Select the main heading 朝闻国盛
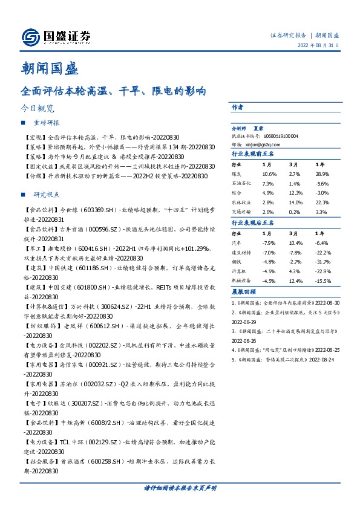tap(50, 69)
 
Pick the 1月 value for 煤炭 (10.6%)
tap(268, 174)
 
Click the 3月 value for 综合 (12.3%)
tap(295, 192)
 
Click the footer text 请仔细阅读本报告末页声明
tap(180, 488)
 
